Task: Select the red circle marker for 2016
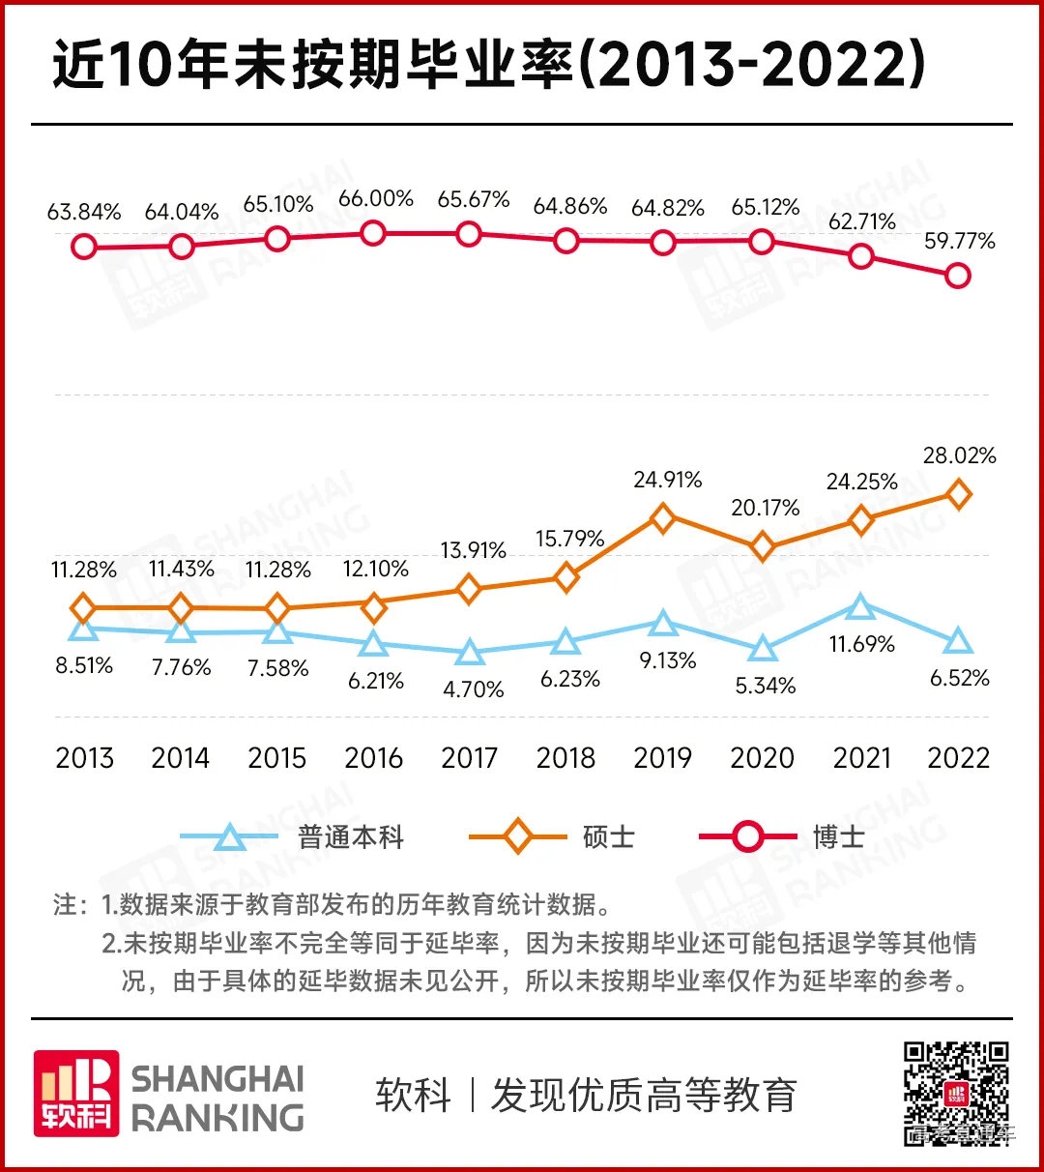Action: (372, 233)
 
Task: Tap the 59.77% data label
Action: (959, 242)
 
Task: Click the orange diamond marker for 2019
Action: (662, 518)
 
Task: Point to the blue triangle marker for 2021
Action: (860, 607)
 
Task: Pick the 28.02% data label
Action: (959, 455)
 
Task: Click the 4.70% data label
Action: (473, 689)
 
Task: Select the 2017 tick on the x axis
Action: (470, 758)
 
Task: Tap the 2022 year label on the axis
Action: (958, 758)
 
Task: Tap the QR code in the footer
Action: (956, 1093)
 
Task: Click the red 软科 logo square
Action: (76, 1094)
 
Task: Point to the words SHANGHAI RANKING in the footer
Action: (217, 1098)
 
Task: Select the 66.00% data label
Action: (376, 199)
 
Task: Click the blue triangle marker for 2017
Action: (470, 653)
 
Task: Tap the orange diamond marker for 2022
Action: (957, 494)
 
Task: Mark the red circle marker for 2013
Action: (84, 247)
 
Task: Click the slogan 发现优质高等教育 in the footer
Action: (643, 1096)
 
